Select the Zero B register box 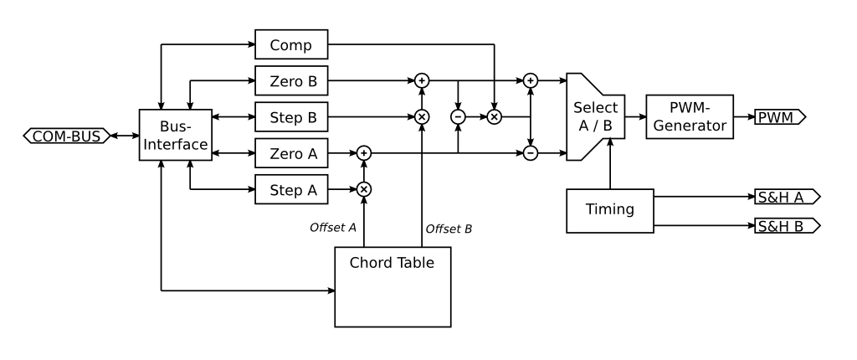coord(291,80)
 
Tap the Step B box coord(291,116)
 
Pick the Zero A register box coord(291,153)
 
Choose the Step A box coord(291,190)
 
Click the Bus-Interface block coord(173,135)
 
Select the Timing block coord(610,209)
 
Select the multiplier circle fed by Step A coord(364,190)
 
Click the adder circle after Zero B coord(422,80)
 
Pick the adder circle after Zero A coord(364,153)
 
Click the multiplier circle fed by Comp coord(494,116)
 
